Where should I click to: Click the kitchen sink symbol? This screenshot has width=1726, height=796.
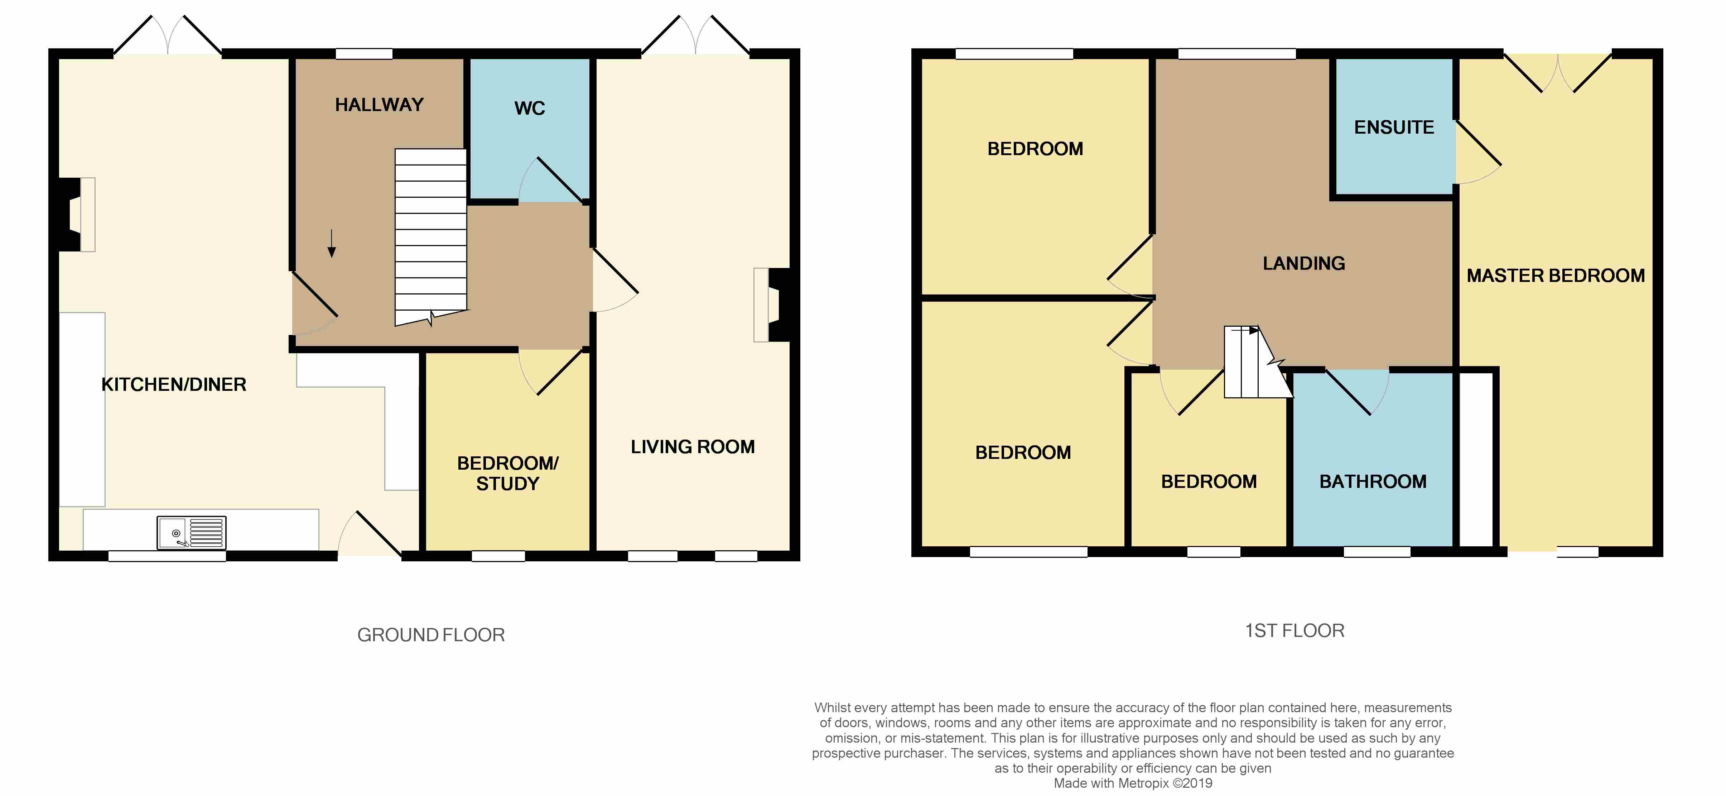[191, 533]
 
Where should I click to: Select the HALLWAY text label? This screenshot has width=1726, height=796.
[379, 105]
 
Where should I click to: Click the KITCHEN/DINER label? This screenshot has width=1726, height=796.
[174, 385]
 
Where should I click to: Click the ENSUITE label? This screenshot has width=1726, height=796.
[1394, 127]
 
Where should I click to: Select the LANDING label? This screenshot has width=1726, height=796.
[1303, 263]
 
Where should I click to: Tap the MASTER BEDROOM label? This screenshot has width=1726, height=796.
[1555, 275]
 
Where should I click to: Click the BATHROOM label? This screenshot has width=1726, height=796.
[1372, 482]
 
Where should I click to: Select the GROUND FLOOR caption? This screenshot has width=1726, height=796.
[431, 634]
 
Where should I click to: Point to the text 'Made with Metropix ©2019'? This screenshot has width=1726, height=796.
[1132, 783]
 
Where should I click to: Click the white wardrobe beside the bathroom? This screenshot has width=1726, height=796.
[1476, 459]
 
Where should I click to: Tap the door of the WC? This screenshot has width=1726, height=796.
[558, 179]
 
